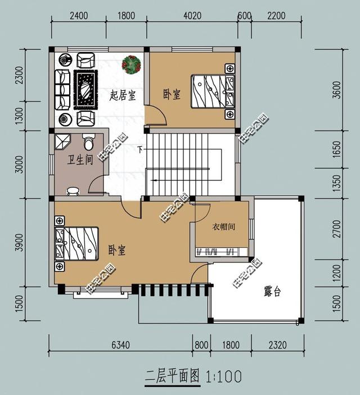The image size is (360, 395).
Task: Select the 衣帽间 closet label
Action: click(223, 227)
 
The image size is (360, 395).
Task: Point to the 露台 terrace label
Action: click(272, 292)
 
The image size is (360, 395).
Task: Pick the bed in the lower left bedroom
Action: click(76, 244)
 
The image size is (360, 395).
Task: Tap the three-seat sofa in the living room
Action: click(62, 89)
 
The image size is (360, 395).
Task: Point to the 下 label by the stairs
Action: click(140, 149)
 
